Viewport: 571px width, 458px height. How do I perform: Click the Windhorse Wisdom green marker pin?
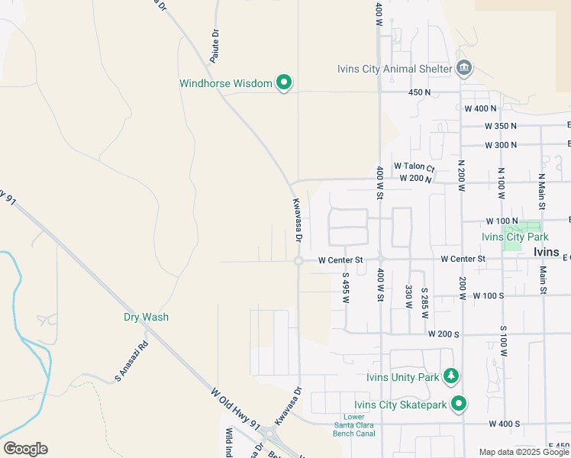(x=284, y=82)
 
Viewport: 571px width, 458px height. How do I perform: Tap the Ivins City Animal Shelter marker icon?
(x=463, y=69)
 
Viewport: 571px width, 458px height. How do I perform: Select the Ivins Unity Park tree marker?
(x=452, y=376)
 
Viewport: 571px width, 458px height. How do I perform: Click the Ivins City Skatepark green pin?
(x=459, y=403)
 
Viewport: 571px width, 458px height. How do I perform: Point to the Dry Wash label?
(x=146, y=317)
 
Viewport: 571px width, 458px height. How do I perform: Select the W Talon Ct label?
(x=414, y=166)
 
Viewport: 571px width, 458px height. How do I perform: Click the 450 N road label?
(x=420, y=92)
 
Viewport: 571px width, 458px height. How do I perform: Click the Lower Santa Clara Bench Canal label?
(x=354, y=425)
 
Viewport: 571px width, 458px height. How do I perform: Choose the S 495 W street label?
(x=345, y=289)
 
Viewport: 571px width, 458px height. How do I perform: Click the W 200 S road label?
(x=444, y=334)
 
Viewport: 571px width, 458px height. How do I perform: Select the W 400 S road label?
(x=504, y=424)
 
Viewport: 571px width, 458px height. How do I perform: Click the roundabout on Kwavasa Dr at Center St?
(x=298, y=261)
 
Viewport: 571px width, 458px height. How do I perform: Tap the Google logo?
(x=25, y=449)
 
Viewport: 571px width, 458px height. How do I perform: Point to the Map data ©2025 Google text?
(x=524, y=452)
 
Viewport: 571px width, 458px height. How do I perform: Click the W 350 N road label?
(x=500, y=126)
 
